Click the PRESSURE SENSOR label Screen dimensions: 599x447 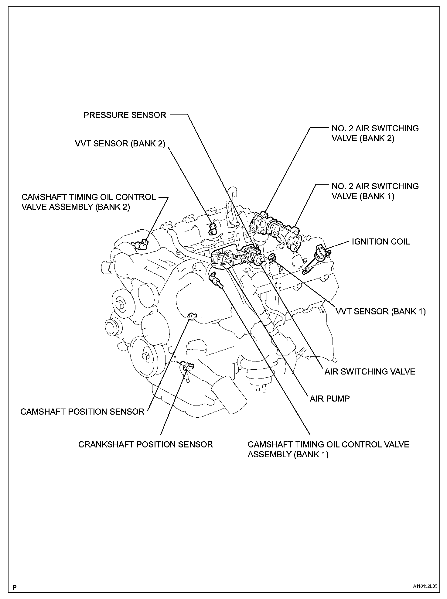coord(125,115)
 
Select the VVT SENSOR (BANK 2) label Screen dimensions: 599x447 coord(120,143)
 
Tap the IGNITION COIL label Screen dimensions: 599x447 coord(380,241)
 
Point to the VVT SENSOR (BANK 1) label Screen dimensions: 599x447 coord(380,311)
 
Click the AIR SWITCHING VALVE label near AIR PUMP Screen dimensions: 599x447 coord(370,371)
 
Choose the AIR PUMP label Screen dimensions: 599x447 coord(329,398)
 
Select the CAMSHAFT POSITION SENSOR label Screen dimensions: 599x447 coord(82,412)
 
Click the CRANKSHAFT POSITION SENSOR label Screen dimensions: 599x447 coord(145,444)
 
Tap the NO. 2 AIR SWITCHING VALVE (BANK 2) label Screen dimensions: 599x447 coord(375,133)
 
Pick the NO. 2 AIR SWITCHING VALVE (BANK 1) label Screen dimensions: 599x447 coord(375,191)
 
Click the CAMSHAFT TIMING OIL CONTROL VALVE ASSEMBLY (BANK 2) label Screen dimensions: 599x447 coord(89,202)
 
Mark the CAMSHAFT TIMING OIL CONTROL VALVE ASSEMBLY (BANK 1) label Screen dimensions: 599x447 coord(328,449)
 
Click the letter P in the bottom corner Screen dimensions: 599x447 coord(14,587)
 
